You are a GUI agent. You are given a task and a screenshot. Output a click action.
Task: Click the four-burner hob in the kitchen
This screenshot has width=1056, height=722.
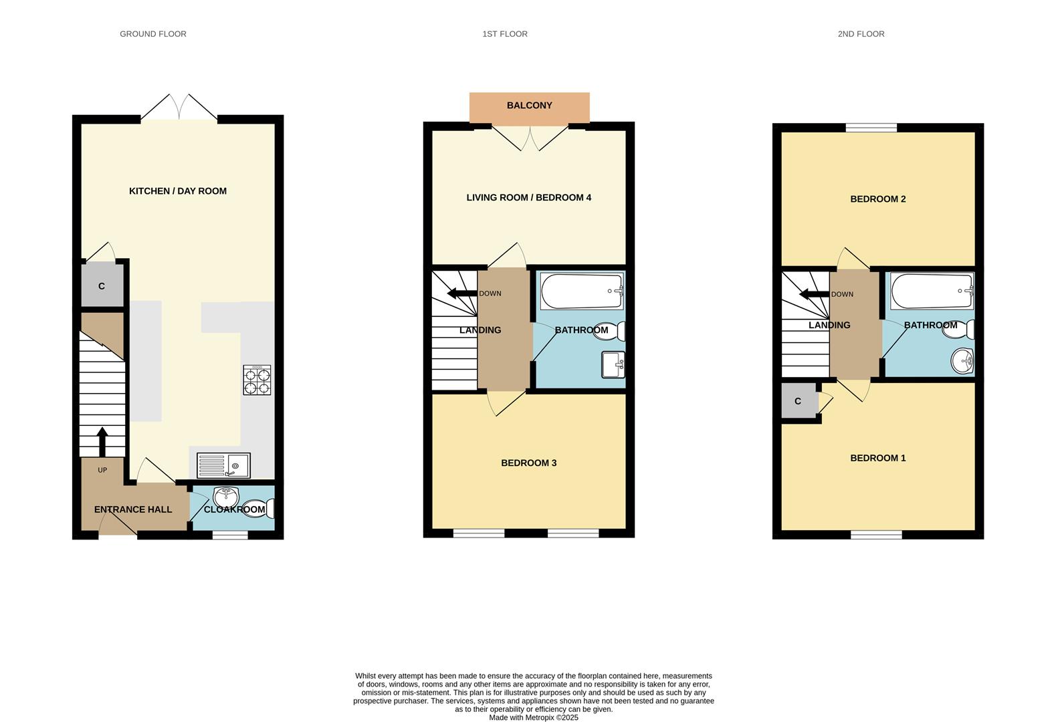pyautogui.click(x=257, y=380)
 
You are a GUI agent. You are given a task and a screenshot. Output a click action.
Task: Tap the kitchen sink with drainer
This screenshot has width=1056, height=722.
pyautogui.click(x=223, y=465)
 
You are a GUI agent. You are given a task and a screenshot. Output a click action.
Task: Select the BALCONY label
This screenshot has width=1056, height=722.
pyautogui.click(x=529, y=106)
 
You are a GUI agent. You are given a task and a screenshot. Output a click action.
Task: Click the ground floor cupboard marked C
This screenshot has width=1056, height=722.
pyautogui.click(x=102, y=286)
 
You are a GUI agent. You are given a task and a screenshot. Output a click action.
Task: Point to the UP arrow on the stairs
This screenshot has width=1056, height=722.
pyautogui.click(x=102, y=441)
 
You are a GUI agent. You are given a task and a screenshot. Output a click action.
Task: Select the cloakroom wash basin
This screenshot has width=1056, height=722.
pyautogui.click(x=225, y=497)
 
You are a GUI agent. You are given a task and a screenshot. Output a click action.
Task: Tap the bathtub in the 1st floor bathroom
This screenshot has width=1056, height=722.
pyautogui.click(x=582, y=291)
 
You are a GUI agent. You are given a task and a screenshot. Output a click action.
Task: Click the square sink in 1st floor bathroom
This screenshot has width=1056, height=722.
pyautogui.click(x=613, y=364)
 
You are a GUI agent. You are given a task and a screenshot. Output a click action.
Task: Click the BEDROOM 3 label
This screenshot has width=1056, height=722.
pyautogui.click(x=528, y=463)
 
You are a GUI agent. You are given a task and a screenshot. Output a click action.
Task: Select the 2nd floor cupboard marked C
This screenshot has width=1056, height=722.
pyautogui.click(x=798, y=401)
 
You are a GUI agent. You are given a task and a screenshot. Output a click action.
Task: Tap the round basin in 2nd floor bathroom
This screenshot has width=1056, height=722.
pyautogui.click(x=962, y=362)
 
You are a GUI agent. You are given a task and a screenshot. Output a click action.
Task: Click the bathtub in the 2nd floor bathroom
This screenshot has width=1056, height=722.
pyautogui.click(x=931, y=291)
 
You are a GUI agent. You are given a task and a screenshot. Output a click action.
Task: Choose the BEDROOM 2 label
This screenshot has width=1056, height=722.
pyautogui.click(x=877, y=199)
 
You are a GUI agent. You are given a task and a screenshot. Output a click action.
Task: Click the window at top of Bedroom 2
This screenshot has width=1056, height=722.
pyautogui.click(x=871, y=128)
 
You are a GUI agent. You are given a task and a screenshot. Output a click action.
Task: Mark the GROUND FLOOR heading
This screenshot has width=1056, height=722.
pyautogui.click(x=152, y=33)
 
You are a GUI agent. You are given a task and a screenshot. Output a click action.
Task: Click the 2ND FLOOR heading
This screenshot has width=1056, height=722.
pyautogui.click(x=861, y=33)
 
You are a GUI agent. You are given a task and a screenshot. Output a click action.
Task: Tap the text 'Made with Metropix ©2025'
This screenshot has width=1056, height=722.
pyautogui.click(x=533, y=717)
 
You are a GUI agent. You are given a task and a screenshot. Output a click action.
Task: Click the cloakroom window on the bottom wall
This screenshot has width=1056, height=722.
pyautogui.click(x=230, y=535)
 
